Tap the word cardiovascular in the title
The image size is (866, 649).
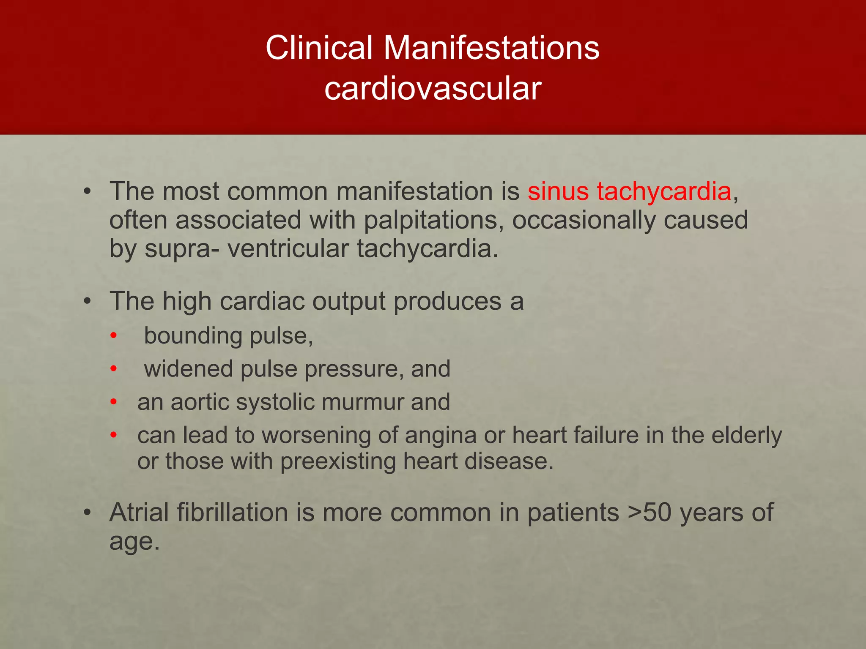tap(433, 89)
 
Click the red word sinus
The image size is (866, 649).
tap(558, 191)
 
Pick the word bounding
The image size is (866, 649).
tap(193, 336)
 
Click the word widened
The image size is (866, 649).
tap(188, 369)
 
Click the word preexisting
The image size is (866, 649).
tap(338, 461)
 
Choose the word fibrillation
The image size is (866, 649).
tap(233, 513)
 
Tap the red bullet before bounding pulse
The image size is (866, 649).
tap(113, 336)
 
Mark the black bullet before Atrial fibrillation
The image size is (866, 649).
tap(87, 513)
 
